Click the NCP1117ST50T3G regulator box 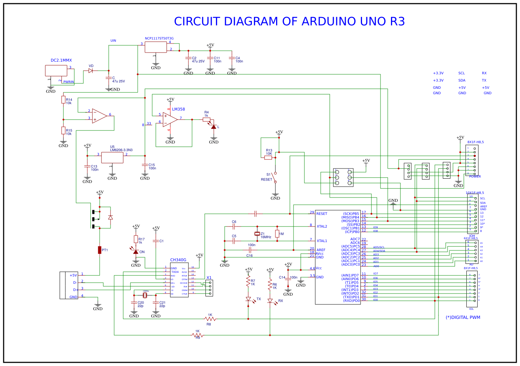point(156,47)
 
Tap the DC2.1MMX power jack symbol point(56,71)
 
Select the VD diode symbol point(91,71)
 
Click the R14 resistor point(63,100)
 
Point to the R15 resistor point(63,130)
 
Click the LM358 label point(178,109)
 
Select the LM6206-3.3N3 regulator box point(112,158)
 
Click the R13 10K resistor point(268,158)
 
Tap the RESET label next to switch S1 point(266,180)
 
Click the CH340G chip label point(178,260)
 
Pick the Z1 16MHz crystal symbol point(257,234)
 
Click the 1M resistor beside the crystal point(277,234)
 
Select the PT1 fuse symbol point(100,250)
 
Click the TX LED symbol point(248,299)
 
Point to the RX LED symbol point(270,301)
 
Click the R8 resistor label point(209,324)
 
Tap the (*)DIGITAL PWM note point(463,317)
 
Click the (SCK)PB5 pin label point(351,214)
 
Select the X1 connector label point(209,278)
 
